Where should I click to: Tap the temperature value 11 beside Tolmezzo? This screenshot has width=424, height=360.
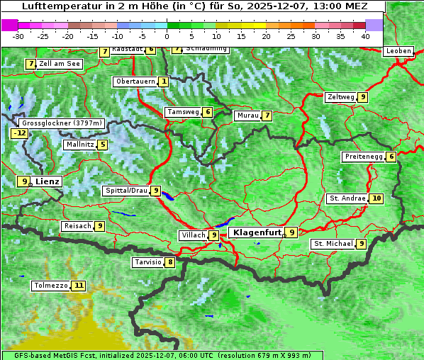click(78, 286)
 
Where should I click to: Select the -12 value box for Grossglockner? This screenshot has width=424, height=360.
click(19, 133)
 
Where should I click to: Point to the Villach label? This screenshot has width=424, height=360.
click(193, 235)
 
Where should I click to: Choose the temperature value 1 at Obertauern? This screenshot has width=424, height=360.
click(164, 82)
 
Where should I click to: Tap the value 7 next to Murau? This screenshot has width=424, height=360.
click(267, 116)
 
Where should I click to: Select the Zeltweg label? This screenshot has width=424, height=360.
click(340, 97)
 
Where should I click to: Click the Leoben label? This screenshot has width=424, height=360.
click(398, 51)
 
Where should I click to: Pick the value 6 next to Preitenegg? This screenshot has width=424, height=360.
click(391, 157)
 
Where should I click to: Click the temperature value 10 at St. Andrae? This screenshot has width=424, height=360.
click(376, 198)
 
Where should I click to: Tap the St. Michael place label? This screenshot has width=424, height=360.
click(333, 244)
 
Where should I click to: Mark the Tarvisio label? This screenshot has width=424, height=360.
click(147, 262)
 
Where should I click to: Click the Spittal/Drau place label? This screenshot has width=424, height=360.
click(126, 191)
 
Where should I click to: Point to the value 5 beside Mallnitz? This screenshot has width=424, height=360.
click(103, 145)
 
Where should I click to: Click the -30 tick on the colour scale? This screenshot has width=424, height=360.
click(18, 36)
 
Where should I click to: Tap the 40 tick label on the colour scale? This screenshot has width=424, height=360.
click(365, 36)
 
